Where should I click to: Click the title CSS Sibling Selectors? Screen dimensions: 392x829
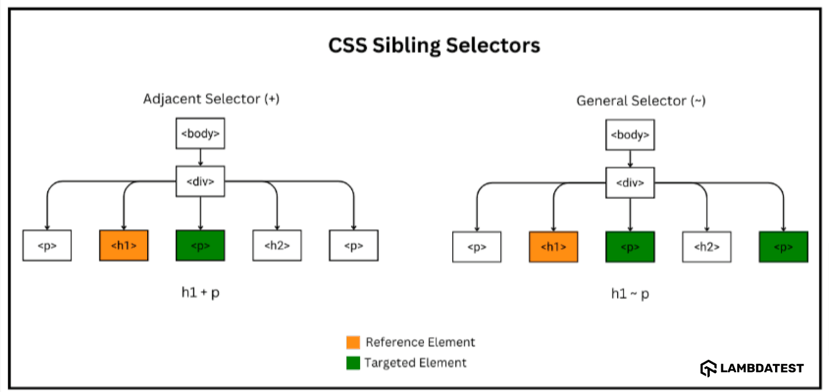pyautogui.click(x=434, y=46)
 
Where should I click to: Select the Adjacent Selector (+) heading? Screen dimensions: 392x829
pyautogui.click(x=211, y=99)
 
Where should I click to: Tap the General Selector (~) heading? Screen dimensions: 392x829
pyautogui.click(x=640, y=100)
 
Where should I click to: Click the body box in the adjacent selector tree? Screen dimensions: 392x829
pyautogui.click(x=200, y=134)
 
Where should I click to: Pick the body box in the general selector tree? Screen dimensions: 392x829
pyautogui.click(x=630, y=135)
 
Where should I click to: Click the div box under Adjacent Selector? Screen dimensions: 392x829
pyautogui.click(x=200, y=181)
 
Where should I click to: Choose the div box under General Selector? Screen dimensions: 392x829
pyautogui.click(x=630, y=183)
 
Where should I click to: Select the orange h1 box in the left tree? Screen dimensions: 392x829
pyautogui.click(x=123, y=245)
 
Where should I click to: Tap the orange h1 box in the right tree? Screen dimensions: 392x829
pyautogui.click(x=553, y=247)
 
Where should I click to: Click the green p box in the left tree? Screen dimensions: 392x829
pyautogui.click(x=200, y=245)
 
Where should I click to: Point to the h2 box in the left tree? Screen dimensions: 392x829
pyautogui.click(x=277, y=245)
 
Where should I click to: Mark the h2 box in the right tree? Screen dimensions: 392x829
pyautogui.click(x=706, y=247)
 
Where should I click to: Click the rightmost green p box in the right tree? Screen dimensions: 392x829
pyautogui.click(x=783, y=247)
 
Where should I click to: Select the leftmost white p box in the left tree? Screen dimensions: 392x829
pyautogui.click(x=47, y=245)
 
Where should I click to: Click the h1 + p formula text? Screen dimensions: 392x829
pyautogui.click(x=200, y=293)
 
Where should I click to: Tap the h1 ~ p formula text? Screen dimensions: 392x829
pyautogui.click(x=630, y=294)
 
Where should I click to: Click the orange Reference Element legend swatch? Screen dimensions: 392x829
pyautogui.click(x=353, y=342)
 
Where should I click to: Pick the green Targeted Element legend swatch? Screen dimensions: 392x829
pyautogui.click(x=353, y=363)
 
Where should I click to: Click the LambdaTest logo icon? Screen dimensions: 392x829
pyautogui.click(x=708, y=368)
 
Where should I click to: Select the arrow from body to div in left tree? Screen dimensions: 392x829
pyautogui.click(x=200, y=157)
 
